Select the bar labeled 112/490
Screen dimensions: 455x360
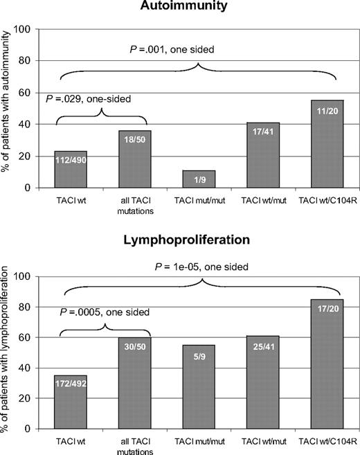coord(71,170)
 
